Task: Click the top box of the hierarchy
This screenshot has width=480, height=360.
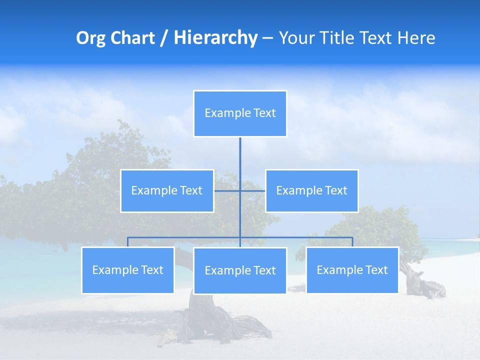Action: click(x=240, y=113)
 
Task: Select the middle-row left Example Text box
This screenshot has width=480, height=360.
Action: click(x=167, y=190)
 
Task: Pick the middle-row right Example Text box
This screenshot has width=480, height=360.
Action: click(x=311, y=190)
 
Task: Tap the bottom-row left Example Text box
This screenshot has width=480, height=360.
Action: click(x=128, y=270)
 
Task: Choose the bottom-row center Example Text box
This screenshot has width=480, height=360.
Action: click(x=240, y=270)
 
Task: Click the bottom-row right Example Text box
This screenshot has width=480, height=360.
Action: click(x=352, y=270)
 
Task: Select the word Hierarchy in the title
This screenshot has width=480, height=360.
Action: click(x=215, y=38)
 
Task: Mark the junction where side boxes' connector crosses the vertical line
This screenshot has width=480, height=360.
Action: click(x=240, y=190)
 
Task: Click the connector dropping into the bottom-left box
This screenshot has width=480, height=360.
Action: click(x=127, y=242)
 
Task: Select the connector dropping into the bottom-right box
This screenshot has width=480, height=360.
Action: click(x=352, y=242)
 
